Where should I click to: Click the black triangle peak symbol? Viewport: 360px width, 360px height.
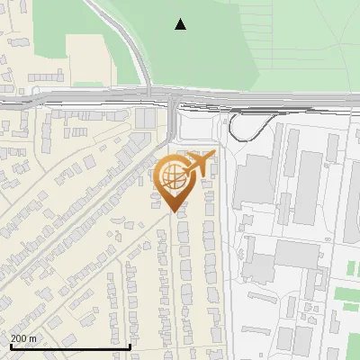[180, 24]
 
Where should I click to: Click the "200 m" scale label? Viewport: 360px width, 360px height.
[23, 338]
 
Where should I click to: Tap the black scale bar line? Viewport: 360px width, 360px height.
[70, 346]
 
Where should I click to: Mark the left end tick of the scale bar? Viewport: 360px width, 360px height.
[10, 345]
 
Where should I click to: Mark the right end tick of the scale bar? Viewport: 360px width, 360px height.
[130, 345]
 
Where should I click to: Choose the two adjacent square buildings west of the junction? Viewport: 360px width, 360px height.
[145, 118]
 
